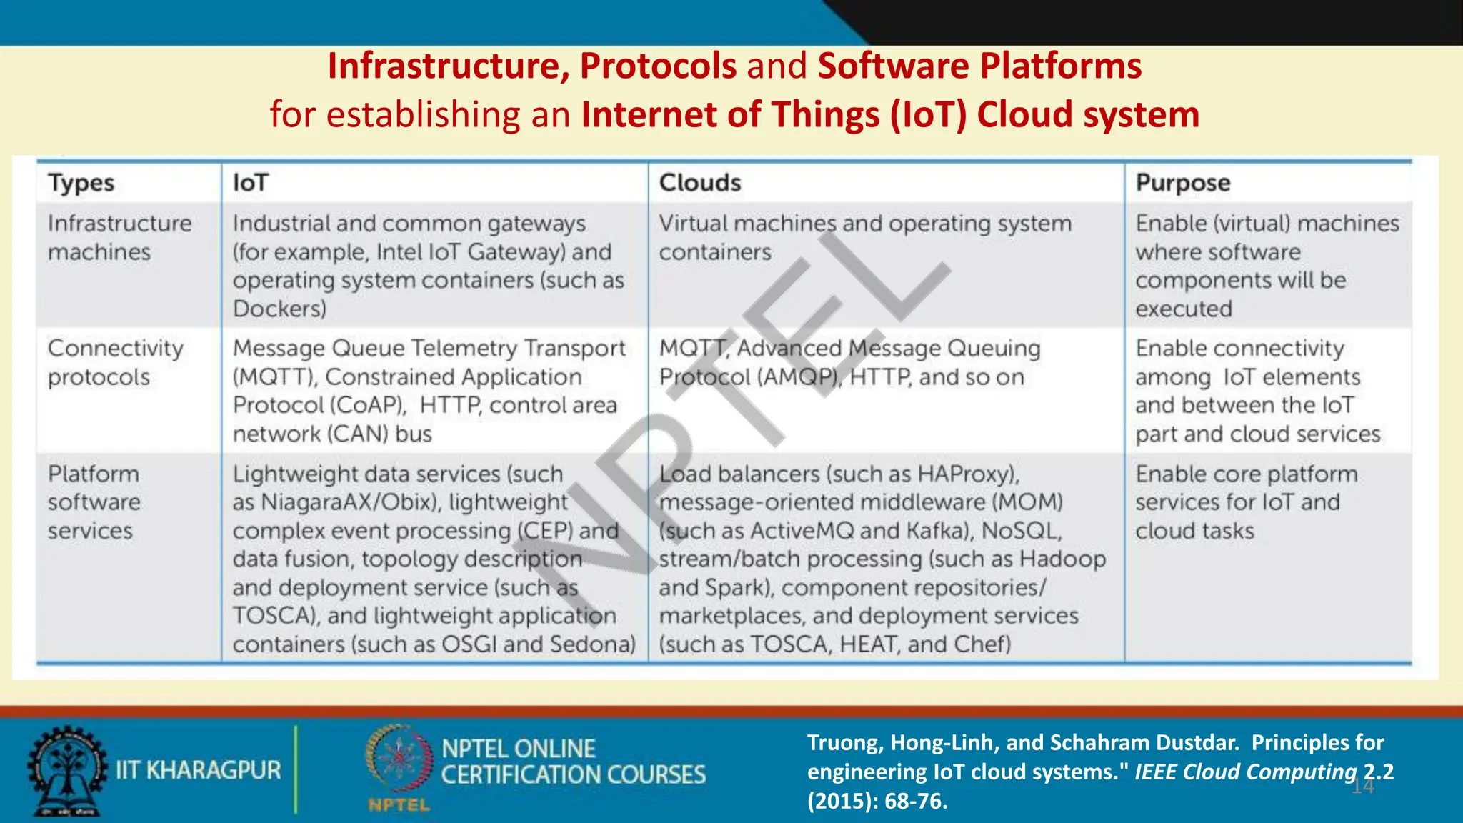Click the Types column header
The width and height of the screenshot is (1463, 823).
[81, 183]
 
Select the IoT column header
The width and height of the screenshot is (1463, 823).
[250, 183]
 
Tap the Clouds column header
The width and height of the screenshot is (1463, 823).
[700, 183]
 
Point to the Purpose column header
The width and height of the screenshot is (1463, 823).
[1183, 183]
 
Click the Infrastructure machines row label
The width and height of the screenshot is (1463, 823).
[119, 238]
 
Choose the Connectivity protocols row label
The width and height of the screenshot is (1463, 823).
[116, 362]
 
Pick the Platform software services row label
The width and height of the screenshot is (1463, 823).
[94, 502]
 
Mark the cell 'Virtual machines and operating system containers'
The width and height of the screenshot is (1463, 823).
[864, 238]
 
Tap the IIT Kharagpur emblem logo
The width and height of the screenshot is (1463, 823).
[66, 772]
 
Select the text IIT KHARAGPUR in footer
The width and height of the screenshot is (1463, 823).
[199, 770]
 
